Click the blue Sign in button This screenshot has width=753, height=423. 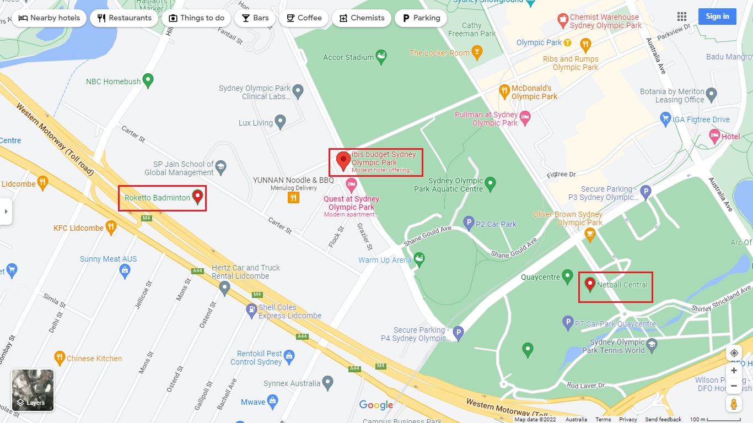[x=717, y=17]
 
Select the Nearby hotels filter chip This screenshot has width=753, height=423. [x=49, y=18]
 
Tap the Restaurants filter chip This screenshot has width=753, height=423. [x=124, y=18]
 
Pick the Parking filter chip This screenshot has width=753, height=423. [x=421, y=18]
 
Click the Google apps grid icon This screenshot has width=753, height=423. [x=682, y=17]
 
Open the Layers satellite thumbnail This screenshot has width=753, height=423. [x=33, y=391]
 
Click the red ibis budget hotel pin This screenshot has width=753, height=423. [x=343, y=161]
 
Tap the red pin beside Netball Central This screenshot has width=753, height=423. [x=590, y=284]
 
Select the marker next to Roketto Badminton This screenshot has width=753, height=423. [x=197, y=197]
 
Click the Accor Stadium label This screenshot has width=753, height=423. [x=348, y=57]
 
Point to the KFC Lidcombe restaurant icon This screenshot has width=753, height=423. [x=111, y=227]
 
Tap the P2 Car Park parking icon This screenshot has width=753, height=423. [x=469, y=223]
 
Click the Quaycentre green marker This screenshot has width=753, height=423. [x=567, y=276]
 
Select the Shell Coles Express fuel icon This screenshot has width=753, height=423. [x=251, y=311]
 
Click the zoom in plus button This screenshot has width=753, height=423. [x=734, y=371]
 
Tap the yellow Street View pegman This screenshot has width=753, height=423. [x=734, y=404]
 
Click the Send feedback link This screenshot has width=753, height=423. [x=663, y=420]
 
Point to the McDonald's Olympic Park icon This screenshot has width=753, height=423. [x=504, y=91]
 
